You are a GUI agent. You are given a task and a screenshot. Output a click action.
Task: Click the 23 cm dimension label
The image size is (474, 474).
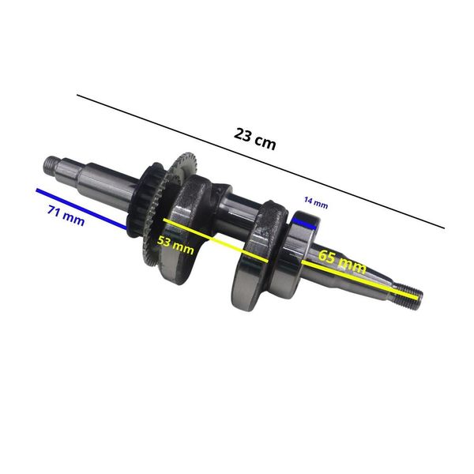click(x=255, y=139)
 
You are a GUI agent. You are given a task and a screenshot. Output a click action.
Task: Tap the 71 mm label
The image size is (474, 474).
click(x=66, y=215)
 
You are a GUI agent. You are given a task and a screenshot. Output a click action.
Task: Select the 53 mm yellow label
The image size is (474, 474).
click(x=175, y=245)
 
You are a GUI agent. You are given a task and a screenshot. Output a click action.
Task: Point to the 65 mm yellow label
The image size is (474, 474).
click(x=342, y=261)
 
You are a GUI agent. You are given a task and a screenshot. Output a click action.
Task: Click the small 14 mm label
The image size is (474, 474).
click(x=316, y=202)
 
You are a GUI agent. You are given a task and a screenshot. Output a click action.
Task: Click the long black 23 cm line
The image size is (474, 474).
click(x=261, y=161)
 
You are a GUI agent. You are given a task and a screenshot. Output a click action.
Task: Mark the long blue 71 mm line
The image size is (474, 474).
click(x=81, y=209)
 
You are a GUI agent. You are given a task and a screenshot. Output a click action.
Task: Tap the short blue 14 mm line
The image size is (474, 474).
click(x=304, y=223)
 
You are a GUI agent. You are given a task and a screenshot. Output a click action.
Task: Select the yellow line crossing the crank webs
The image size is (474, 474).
click(x=216, y=240)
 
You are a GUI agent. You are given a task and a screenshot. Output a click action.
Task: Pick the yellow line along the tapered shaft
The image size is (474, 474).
click(x=361, y=280)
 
